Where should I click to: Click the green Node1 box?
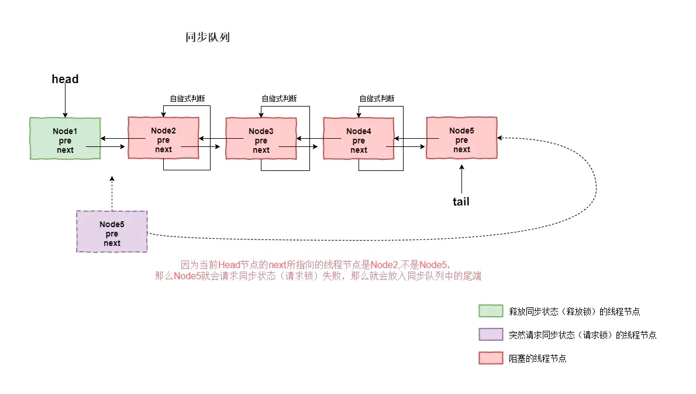[x=65, y=138]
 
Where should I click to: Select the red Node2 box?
[x=163, y=138]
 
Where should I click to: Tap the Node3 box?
[x=261, y=138]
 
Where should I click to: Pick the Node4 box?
[x=359, y=138]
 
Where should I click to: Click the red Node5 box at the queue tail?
[x=461, y=138]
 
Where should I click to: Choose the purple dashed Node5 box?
[x=112, y=231]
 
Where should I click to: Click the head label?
[x=65, y=79]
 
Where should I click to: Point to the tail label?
[x=461, y=202]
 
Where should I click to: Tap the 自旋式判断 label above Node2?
[x=187, y=98]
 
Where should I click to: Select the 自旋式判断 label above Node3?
[x=279, y=98]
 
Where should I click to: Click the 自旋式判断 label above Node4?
[x=377, y=98]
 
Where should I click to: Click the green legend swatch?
[x=490, y=311]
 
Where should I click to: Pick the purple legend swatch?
[x=490, y=334]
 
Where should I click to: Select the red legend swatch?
[x=490, y=358]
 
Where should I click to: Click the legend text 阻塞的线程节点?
[x=537, y=358]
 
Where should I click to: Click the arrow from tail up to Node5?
[x=461, y=178]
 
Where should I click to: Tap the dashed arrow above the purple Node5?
[x=112, y=193]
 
